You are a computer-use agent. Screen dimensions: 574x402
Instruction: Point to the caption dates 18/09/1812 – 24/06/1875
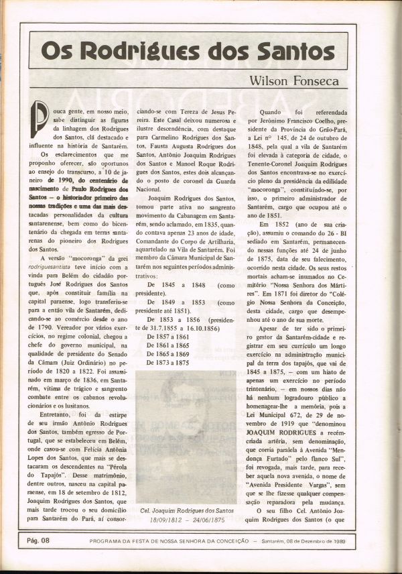187,520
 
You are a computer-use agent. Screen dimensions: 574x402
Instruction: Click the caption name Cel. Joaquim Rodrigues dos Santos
187,511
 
